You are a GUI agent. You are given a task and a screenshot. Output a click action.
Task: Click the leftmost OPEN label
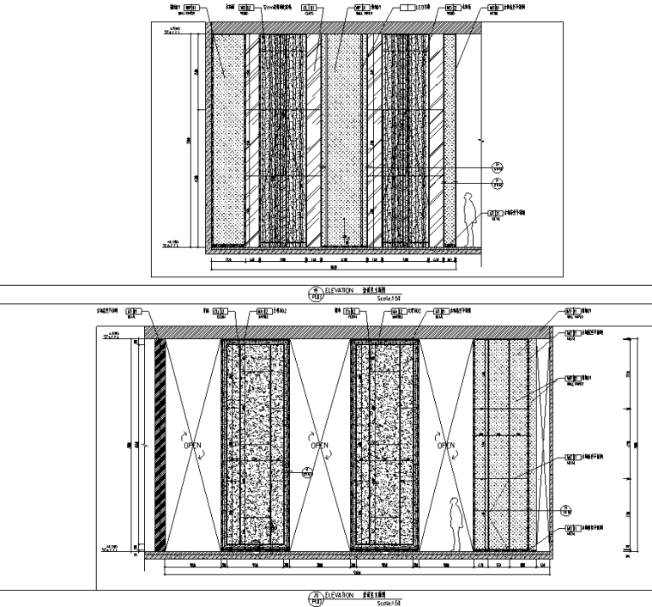(192, 446)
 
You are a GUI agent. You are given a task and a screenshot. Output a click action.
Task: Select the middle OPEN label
(319, 446)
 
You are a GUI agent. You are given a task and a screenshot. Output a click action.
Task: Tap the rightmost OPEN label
(446, 446)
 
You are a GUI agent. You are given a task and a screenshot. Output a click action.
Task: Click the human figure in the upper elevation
(469, 219)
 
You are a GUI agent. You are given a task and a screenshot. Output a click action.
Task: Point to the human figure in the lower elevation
(459, 525)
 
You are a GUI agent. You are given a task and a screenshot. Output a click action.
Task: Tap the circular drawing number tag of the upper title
(316, 293)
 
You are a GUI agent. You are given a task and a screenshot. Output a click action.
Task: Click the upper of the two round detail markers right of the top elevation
(496, 167)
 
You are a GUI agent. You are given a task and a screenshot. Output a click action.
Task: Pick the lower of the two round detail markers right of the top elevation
(496, 183)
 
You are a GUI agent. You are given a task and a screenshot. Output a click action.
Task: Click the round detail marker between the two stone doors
(307, 471)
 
